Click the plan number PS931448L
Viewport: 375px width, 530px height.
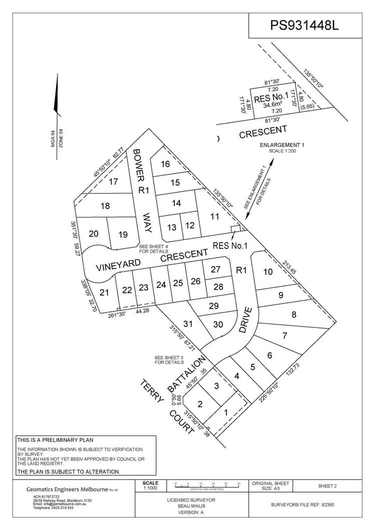pos(304,25)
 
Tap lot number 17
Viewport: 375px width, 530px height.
pos(114,181)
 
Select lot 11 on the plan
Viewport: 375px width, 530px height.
pos(215,216)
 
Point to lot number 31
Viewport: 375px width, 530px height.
pos(188,323)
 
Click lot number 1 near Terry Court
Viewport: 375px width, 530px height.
pos(226,412)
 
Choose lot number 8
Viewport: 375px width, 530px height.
pos(294,314)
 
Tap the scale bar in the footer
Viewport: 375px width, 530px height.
pos(206,484)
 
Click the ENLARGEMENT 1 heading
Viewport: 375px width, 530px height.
pos(282,144)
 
